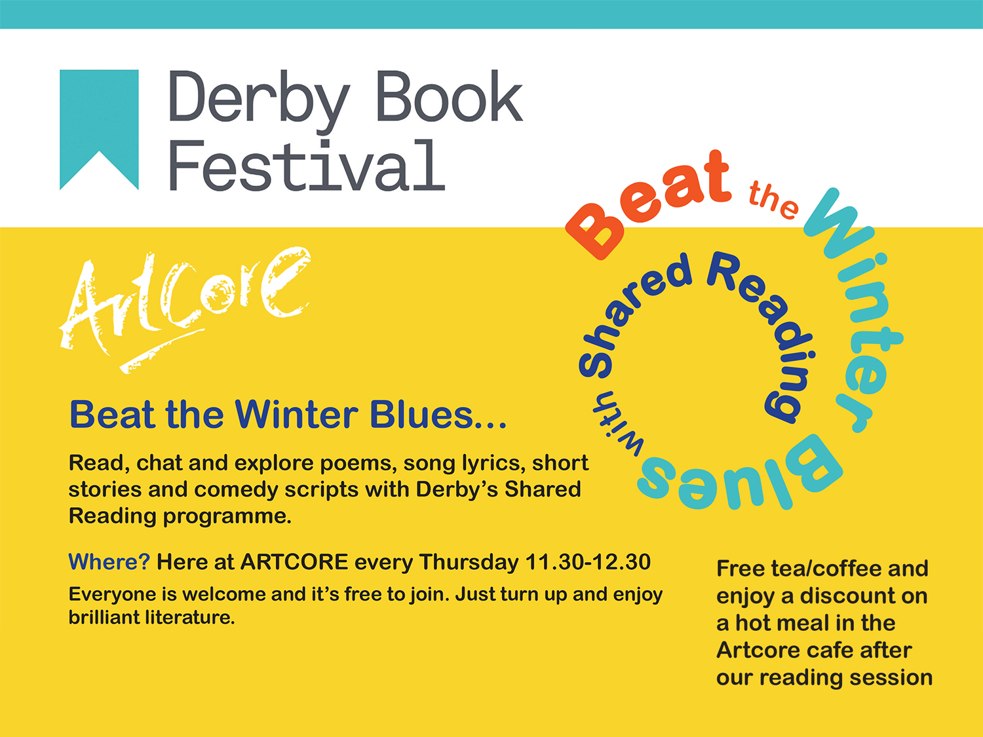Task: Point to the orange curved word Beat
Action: tap(649, 204)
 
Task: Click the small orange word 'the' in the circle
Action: tap(773, 200)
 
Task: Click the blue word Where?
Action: tap(109, 561)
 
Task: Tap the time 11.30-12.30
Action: tap(588, 562)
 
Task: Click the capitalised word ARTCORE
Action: tap(294, 562)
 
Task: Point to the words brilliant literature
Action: tap(152, 618)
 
